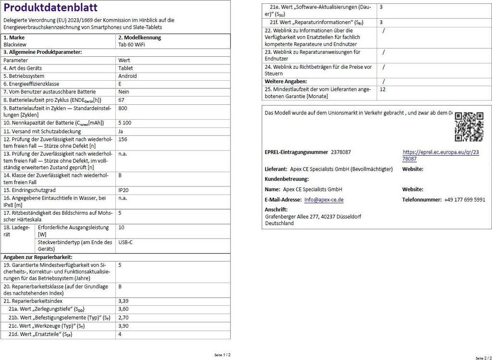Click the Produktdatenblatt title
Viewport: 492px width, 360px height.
[x=50, y=8]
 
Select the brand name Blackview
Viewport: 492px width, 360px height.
[x=15, y=45]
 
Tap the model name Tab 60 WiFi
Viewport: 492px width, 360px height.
[x=132, y=45]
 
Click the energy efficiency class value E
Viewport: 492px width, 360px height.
[x=120, y=84]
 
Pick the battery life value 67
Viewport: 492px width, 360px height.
[x=121, y=99]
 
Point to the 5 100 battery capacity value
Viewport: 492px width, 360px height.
[x=125, y=123]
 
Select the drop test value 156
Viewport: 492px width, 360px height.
[x=123, y=139]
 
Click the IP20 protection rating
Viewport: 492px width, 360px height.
[x=123, y=190]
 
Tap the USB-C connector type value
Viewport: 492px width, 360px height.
[x=125, y=242]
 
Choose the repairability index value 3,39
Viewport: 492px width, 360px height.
[x=123, y=301]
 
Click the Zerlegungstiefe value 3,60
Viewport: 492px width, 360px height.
[x=123, y=309]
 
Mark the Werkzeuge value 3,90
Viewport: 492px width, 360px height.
[x=123, y=326]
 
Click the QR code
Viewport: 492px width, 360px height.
[x=469, y=126]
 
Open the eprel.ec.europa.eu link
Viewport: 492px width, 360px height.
[x=441, y=155]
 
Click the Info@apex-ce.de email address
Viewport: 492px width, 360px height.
[x=324, y=199]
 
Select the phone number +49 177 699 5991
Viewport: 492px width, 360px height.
[x=465, y=199]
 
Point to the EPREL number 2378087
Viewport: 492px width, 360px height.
[x=341, y=152]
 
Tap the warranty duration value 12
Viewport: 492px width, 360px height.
[x=382, y=89]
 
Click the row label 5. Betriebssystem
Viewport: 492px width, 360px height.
[x=24, y=76]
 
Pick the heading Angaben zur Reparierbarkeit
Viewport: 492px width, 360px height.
[x=35, y=257]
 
